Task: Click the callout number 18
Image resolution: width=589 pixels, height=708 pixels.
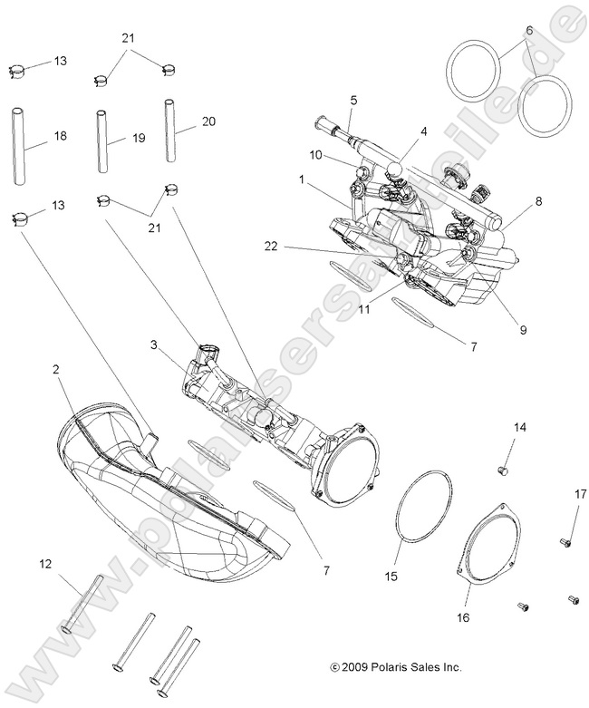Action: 61,136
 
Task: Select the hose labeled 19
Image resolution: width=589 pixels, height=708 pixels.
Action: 103,141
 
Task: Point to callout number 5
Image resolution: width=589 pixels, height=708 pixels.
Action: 353,100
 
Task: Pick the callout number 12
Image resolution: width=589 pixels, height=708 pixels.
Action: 45,564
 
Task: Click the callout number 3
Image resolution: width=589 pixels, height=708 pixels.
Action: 154,344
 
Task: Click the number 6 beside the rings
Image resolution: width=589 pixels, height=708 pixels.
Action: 528,30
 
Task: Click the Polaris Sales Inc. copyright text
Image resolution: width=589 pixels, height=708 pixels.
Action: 396,666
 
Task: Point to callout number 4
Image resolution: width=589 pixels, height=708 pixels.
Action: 422,132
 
